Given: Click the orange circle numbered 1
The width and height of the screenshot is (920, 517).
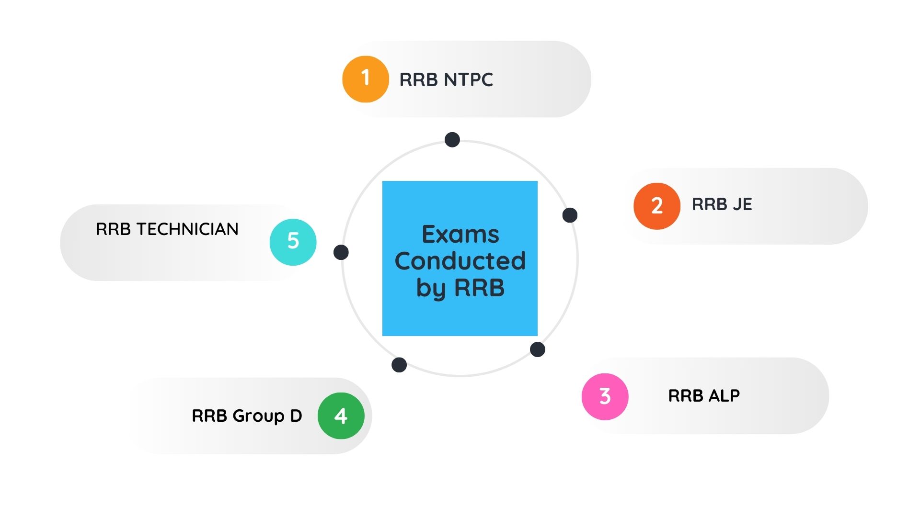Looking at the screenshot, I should point(365,79).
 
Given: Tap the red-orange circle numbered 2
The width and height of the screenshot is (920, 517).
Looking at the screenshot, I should point(656,206).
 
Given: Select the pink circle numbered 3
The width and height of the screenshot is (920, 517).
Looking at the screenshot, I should point(605,396).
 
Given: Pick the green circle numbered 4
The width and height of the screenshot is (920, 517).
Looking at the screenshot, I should point(341,416).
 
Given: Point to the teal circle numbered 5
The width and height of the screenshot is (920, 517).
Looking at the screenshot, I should point(293,242).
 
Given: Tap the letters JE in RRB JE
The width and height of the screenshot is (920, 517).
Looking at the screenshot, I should point(742,204).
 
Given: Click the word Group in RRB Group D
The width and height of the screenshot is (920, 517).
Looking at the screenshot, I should point(258,416).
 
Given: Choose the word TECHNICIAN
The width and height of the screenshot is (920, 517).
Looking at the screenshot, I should point(187,229).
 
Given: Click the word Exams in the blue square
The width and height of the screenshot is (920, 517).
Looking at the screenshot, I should point(460,235).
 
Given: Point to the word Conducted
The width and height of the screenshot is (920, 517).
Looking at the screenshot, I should point(460,261).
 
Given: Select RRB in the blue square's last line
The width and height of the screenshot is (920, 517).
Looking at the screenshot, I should point(479,288).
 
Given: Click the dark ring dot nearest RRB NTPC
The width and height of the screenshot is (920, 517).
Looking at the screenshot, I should point(452,140).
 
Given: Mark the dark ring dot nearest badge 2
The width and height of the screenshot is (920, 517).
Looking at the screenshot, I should point(570,215).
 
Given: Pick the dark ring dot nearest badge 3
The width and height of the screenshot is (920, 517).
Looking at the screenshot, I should point(538,349).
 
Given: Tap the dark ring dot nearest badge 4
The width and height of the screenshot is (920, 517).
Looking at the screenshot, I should point(399,365).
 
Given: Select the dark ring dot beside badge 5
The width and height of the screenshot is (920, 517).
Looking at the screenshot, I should point(341,252).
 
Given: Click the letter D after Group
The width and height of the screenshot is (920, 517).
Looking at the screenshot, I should point(296,416).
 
